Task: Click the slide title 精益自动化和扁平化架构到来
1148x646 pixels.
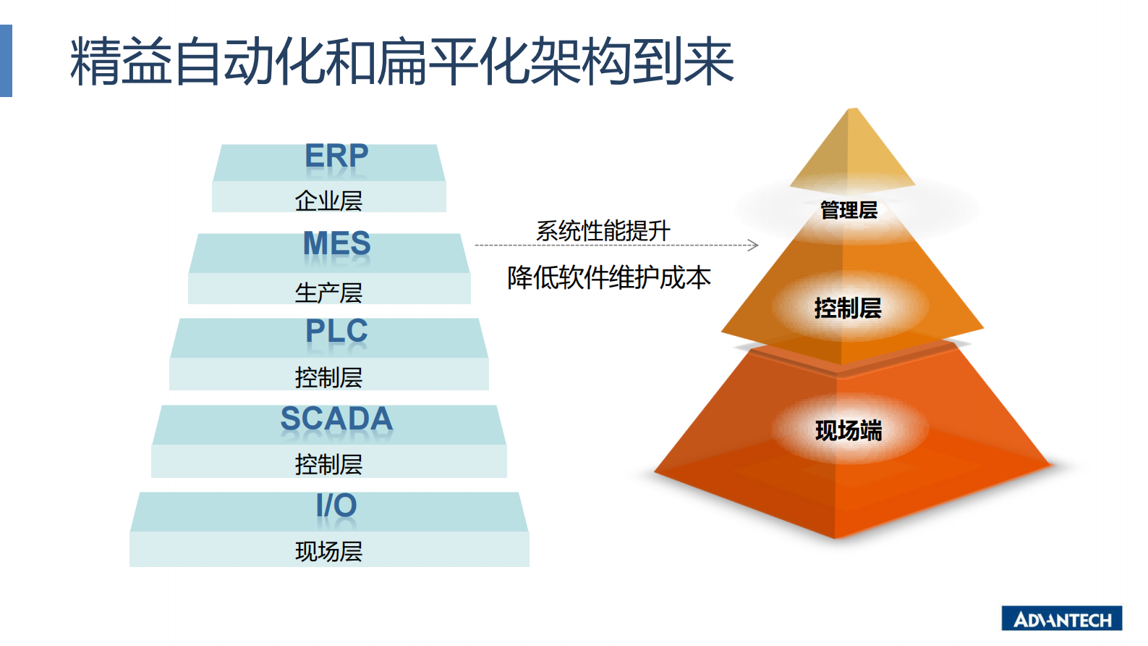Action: coord(402,62)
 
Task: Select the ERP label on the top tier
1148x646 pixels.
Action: coord(336,156)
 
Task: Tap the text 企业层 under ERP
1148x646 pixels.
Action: coord(328,201)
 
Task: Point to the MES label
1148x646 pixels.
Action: coord(336,244)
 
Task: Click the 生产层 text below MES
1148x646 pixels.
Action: coord(328,293)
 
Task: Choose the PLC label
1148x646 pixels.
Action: coord(336,332)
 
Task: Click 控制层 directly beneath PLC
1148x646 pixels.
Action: coord(328,377)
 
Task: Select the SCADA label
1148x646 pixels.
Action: coord(336,419)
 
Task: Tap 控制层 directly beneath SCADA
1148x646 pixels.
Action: coord(328,464)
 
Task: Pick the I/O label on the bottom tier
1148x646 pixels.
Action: coord(336,506)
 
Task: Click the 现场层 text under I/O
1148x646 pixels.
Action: coord(328,552)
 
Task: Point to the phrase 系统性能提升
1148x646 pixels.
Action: coord(603,231)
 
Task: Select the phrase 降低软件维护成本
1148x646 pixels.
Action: coord(608,277)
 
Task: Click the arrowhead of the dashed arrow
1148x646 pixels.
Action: coord(754,246)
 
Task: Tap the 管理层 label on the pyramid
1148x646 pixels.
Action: coord(849,211)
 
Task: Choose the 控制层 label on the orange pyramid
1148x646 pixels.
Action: coord(848,309)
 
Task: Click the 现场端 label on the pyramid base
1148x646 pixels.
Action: coord(849,431)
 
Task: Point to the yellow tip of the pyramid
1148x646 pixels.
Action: coord(853,148)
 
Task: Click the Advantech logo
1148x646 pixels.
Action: coord(1061,619)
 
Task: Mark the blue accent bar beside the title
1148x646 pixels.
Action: coord(6,61)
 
